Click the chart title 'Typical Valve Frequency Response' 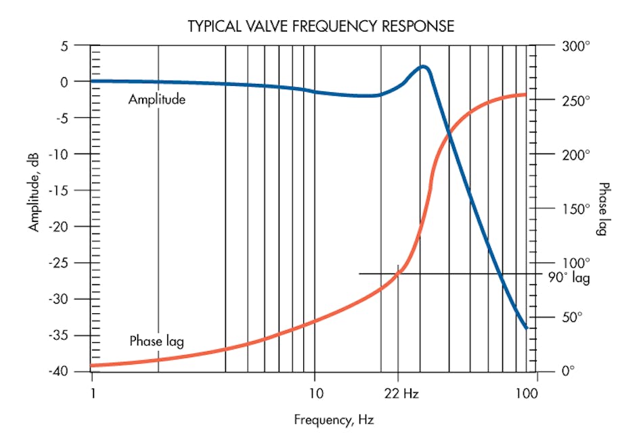coord(321,26)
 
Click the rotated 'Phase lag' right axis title coord(603,209)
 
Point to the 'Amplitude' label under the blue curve coord(156,99)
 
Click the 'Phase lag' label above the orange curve coord(156,341)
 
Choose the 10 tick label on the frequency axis coord(315,393)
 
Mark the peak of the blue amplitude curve coord(424,66)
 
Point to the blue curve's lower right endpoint coord(527,328)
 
